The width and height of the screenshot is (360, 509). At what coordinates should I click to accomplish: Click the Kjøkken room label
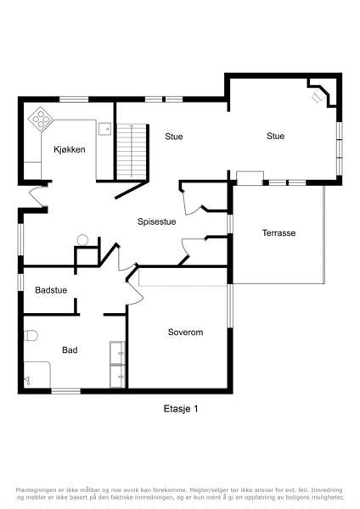70,149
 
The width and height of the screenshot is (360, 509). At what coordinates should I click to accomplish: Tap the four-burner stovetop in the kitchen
41,119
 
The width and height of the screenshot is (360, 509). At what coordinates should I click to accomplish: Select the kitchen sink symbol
105,129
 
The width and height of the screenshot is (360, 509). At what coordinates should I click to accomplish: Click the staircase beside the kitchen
132,151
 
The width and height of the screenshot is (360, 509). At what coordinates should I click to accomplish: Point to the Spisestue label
156,221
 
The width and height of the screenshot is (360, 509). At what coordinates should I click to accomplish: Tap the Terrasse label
278,232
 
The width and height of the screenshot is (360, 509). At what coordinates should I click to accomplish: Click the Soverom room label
186,332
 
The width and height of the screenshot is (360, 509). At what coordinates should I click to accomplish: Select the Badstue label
51,290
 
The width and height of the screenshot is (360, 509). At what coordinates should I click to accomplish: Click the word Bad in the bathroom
70,350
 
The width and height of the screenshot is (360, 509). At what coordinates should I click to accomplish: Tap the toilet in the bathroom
31,336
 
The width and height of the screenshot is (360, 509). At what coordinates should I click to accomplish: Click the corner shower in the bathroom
37,374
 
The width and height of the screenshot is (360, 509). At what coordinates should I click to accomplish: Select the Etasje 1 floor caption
181,409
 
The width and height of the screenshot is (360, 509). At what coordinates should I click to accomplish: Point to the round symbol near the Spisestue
82,240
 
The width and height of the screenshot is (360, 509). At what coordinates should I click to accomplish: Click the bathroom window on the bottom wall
66,391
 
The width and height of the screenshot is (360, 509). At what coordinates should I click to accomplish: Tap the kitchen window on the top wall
74,99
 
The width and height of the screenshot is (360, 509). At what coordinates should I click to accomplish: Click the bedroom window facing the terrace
230,305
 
